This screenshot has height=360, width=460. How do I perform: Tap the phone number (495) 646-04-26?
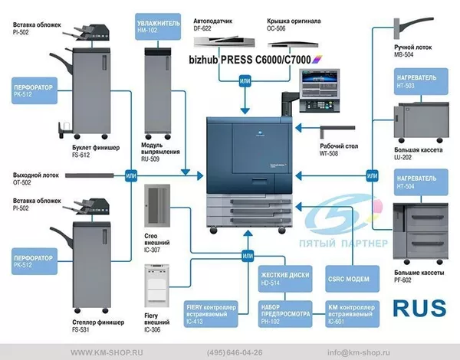[235, 352]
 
